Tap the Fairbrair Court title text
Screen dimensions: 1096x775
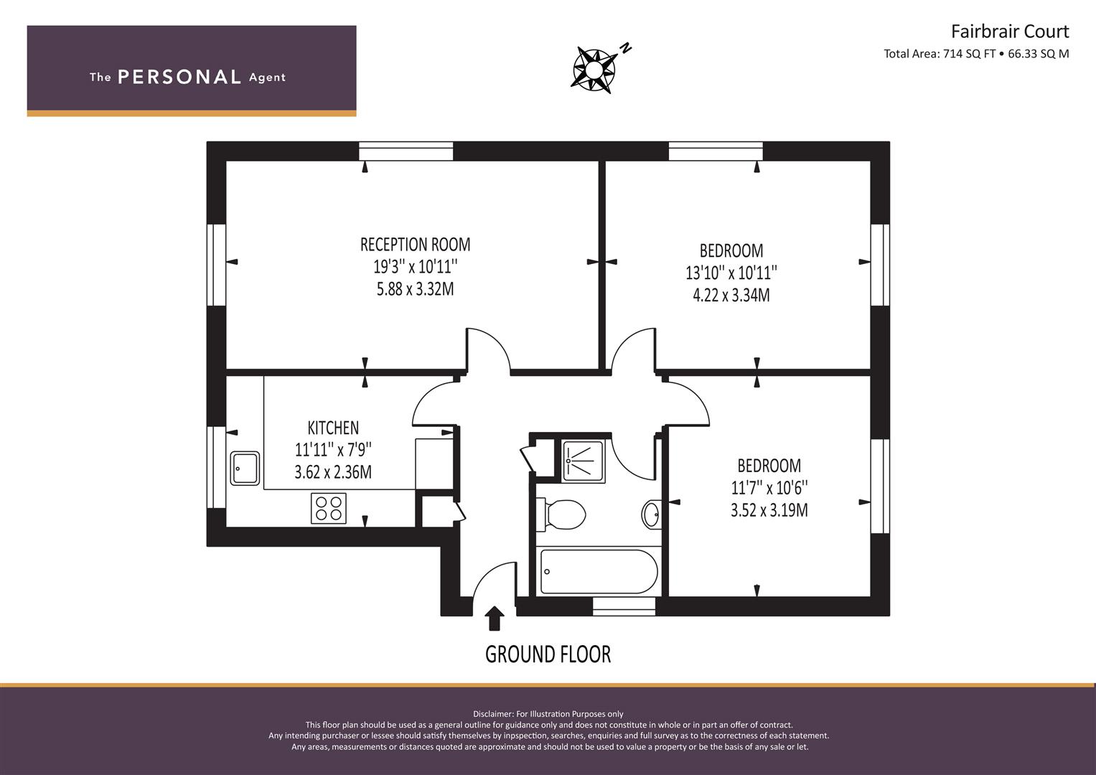pyautogui.click(x=1010, y=32)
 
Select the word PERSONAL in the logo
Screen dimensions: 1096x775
pyautogui.click(x=179, y=77)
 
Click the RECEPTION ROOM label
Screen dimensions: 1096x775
pyautogui.click(x=416, y=244)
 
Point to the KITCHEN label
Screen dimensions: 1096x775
pyautogui.click(x=333, y=428)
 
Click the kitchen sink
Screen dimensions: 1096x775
pyautogui.click(x=245, y=468)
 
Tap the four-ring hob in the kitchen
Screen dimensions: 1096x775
pyautogui.click(x=329, y=508)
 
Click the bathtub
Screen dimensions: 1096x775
pyautogui.click(x=599, y=571)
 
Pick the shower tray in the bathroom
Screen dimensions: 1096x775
pyautogui.click(x=584, y=461)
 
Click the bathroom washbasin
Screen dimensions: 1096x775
pyautogui.click(x=651, y=515)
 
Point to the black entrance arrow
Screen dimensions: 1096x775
pyautogui.click(x=495, y=618)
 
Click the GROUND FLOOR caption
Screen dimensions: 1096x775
pyautogui.click(x=548, y=654)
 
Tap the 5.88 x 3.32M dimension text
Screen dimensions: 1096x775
pyautogui.click(x=416, y=289)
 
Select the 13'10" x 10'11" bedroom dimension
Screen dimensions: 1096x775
pyautogui.click(x=731, y=273)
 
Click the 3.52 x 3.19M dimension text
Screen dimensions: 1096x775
pyautogui.click(x=769, y=510)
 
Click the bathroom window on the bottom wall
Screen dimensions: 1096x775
pyautogui.click(x=624, y=606)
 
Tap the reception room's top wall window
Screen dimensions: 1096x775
pyautogui.click(x=406, y=151)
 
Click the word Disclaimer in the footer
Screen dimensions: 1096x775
pyautogui.click(x=492, y=714)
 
